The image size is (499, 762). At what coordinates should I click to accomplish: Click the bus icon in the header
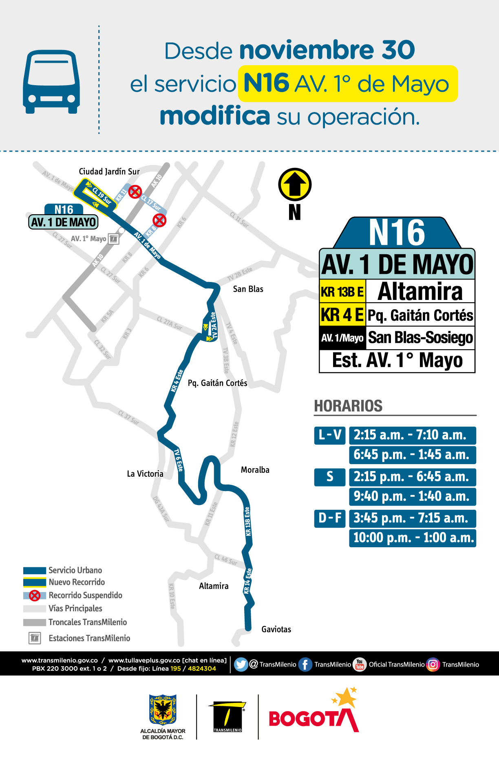pos(51,82)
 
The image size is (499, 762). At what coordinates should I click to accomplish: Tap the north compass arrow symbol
pos(295,184)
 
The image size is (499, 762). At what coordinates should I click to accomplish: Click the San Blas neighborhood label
pos(248,289)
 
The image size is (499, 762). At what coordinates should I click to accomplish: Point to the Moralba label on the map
pos(255,470)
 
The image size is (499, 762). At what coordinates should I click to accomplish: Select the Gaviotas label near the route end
pos(276,629)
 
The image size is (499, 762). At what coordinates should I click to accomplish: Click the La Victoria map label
pos(145,473)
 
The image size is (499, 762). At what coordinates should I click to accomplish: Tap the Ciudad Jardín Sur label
pos(109,172)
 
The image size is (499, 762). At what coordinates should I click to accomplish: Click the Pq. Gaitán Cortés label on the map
pos(217,383)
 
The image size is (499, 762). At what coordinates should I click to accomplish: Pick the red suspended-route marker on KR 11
pos(135,191)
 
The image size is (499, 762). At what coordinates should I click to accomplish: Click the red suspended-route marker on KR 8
pos(159,220)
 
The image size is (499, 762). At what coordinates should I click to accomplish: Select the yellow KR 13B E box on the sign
pos(342,291)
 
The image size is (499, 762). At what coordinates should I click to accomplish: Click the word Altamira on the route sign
pos(420,291)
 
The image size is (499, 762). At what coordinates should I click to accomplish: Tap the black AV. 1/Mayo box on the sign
pos(342,338)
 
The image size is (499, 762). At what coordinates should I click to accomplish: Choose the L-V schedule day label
pos(330,435)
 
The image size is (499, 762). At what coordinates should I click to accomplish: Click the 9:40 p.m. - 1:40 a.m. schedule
pos(412,496)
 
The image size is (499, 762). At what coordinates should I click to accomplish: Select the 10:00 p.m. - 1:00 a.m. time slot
pos(413,538)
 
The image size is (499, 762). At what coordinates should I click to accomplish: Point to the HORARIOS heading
pos(348,406)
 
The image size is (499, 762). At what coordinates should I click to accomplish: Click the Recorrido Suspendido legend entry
pos(85,595)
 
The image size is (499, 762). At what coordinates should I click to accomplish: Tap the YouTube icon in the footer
pos(360,664)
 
